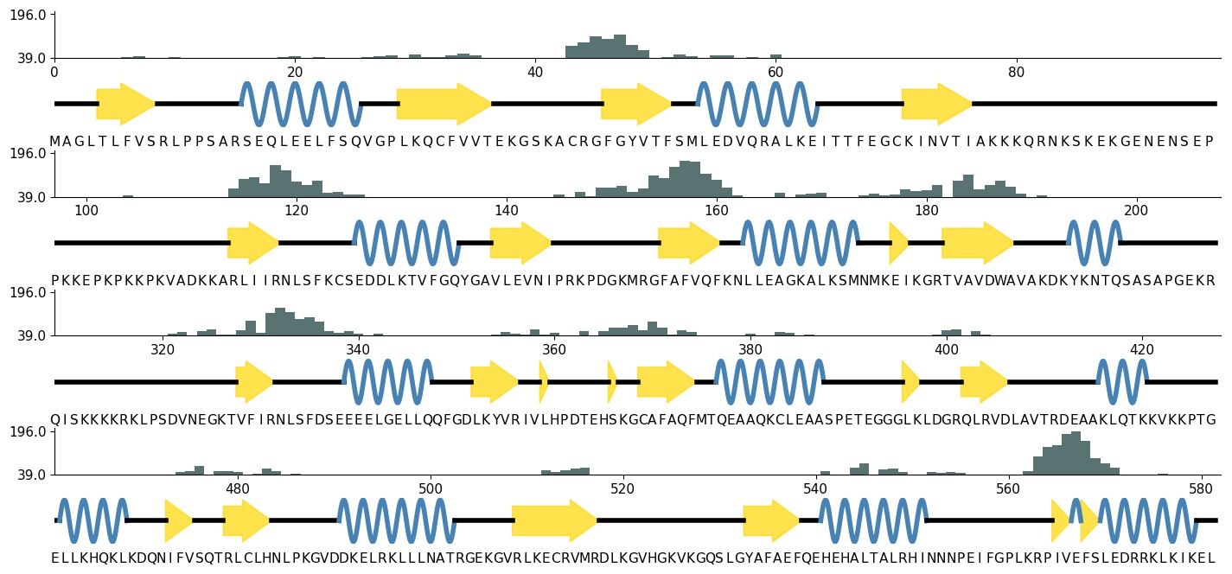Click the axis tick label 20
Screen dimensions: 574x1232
tap(295, 72)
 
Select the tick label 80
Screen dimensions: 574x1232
tap(1017, 72)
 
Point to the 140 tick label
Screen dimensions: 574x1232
tap(507, 211)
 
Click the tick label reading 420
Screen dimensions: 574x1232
tap(1143, 349)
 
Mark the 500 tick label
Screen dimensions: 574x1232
tap(430, 488)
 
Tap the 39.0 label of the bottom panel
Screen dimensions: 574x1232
tap(29, 475)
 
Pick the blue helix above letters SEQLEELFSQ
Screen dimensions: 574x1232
tap(301, 104)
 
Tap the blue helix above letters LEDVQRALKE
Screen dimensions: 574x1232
tap(757, 104)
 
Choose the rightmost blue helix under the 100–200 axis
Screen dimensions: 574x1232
tap(1095, 243)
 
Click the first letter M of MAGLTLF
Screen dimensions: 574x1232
tap(54, 142)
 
